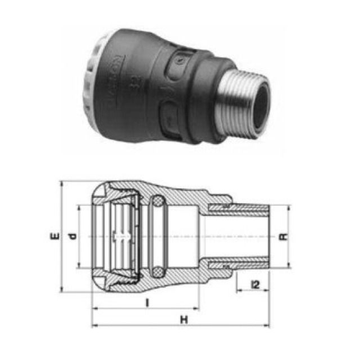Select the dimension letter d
click(71, 237)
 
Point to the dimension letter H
click(183, 319)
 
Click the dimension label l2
click(254, 286)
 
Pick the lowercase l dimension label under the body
click(147, 303)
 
